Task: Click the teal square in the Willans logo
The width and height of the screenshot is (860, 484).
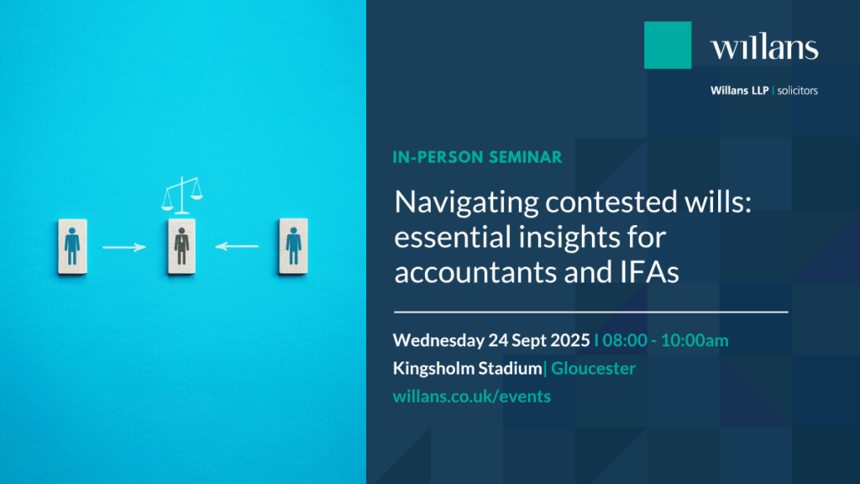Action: click(668, 45)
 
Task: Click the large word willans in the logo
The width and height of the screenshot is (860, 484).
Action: click(764, 47)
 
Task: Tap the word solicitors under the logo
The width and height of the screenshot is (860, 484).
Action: click(798, 91)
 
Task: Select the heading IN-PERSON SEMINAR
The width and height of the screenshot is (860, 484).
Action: click(477, 157)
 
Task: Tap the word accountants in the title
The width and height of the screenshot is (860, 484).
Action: click(476, 272)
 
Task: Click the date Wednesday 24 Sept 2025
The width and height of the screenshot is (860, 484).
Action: click(491, 340)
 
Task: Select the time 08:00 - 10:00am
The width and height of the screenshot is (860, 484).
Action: click(665, 340)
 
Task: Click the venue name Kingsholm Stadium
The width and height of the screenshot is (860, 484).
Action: click(467, 368)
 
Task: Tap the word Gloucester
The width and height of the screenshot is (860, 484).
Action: click(593, 368)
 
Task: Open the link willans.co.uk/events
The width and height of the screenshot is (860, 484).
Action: click(472, 397)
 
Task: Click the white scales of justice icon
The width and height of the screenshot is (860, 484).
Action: click(182, 195)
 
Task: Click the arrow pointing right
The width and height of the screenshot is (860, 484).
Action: click(124, 248)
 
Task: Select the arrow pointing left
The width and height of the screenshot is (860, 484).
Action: click(237, 246)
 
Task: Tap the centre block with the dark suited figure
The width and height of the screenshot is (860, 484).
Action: click(181, 246)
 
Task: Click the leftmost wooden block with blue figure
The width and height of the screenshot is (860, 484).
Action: click(72, 246)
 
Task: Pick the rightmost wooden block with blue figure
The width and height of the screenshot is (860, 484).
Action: click(293, 246)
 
